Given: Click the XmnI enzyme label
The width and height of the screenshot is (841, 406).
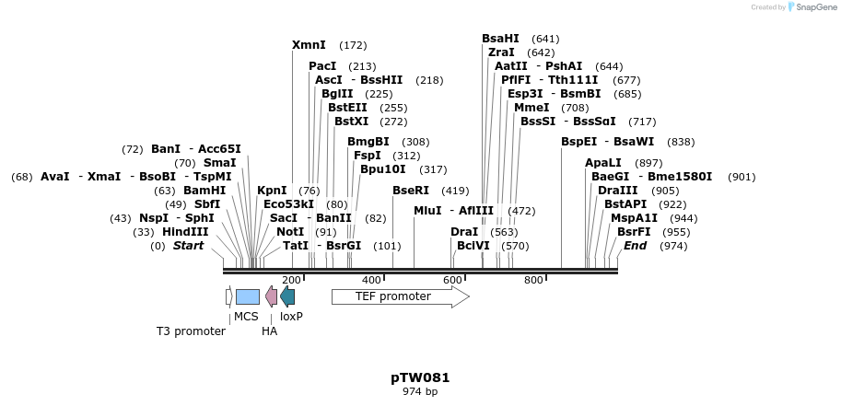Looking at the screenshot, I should point(309,45).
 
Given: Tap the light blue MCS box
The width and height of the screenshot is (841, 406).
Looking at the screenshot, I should point(247,296).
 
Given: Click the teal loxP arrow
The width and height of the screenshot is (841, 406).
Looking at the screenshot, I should point(287,296).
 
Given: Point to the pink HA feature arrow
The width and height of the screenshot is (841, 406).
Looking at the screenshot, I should point(271,296).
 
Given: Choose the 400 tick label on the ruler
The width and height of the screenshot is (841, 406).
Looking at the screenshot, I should point(371,280).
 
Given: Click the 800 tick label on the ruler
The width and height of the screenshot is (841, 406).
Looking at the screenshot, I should point(533,280).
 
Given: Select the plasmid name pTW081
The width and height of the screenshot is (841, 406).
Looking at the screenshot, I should point(420,377).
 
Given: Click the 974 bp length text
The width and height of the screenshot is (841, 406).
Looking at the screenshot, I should point(420,392).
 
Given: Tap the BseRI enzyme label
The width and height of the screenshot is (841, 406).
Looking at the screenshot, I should point(411,191).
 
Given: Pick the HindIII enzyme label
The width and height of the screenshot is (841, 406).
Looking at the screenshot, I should point(185,232).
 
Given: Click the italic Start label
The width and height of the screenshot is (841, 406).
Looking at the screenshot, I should point(188,246).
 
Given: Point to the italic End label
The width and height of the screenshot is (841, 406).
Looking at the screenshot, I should point(635,246).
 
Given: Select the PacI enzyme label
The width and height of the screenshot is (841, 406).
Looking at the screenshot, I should point(322,66).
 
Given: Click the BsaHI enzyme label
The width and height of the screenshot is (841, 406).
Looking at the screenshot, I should point(500,39).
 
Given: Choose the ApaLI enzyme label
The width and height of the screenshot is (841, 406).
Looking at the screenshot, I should point(603,163).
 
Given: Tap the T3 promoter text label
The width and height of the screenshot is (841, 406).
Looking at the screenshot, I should point(191,331).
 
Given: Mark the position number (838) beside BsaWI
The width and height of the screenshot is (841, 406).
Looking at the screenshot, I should point(681,142).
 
